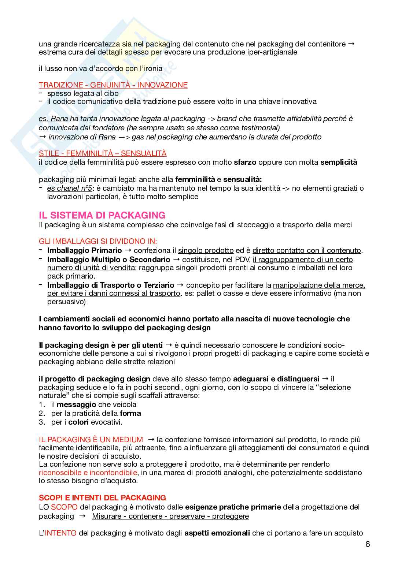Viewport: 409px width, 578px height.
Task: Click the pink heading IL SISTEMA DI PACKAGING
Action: point(102,215)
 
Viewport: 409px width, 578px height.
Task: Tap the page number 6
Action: point(368,544)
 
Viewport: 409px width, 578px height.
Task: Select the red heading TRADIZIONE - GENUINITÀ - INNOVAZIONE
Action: point(113,85)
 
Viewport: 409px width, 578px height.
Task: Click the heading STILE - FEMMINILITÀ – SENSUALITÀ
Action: point(102,153)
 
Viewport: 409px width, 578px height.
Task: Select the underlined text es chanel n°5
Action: point(69,188)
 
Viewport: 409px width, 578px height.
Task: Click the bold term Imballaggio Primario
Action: point(84,250)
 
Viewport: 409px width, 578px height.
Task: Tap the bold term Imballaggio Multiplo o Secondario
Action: point(108,260)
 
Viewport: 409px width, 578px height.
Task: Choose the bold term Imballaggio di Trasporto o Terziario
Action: point(111,285)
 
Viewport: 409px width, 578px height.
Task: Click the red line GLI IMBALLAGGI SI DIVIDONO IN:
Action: point(98,242)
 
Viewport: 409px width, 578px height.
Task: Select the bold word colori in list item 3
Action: point(78,422)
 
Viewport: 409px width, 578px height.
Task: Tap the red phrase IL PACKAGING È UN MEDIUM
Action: point(91,440)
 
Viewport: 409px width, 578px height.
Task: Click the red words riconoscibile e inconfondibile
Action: point(88,473)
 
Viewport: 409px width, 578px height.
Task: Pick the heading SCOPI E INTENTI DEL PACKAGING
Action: point(102,498)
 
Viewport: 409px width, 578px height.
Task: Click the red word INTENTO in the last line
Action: point(60,533)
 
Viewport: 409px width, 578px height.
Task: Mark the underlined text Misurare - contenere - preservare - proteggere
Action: point(170,516)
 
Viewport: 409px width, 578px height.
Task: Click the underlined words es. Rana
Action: point(53,119)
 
